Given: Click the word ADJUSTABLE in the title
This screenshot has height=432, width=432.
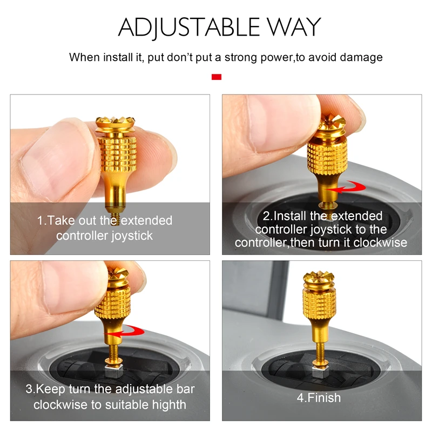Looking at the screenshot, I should click(187, 27).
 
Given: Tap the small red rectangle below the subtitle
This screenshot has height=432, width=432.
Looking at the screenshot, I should click(216, 77).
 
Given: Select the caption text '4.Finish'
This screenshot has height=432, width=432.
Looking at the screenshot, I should click(319, 398).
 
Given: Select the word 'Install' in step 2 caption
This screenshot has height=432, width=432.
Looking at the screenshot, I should click(292, 217).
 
